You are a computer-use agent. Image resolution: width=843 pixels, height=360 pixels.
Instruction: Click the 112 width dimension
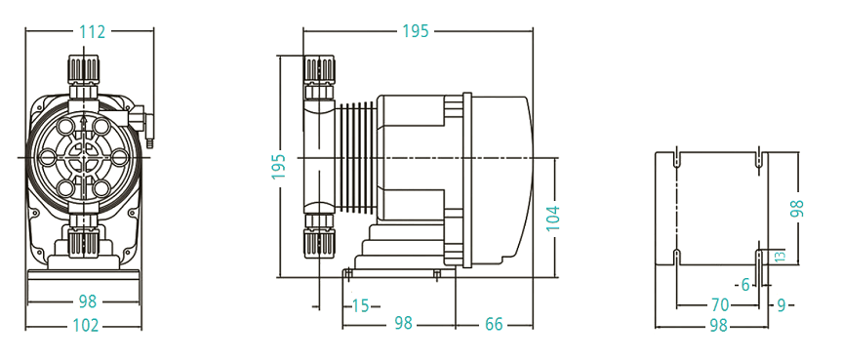[x=92, y=31]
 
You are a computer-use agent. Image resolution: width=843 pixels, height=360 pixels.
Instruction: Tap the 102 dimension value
[x=86, y=325]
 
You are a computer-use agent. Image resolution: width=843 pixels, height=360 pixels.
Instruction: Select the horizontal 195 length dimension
[x=416, y=31]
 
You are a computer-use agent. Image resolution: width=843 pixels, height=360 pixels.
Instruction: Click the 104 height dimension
[x=553, y=219]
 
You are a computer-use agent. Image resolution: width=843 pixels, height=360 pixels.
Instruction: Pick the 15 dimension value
[x=361, y=305]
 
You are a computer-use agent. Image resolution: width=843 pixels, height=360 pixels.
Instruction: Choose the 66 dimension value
[x=494, y=325]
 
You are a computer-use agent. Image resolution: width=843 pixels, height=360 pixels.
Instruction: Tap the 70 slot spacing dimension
[x=720, y=305]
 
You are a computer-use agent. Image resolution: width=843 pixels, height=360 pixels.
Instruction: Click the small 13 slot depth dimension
[x=782, y=256]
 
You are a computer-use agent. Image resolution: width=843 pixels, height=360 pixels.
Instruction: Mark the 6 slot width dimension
[x=745, y=285]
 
